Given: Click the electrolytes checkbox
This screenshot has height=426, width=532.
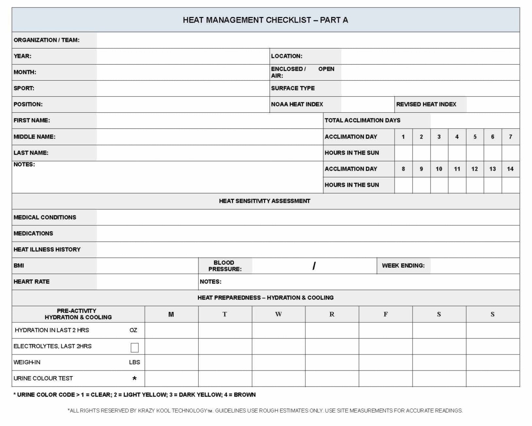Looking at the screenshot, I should [x=135, y=347].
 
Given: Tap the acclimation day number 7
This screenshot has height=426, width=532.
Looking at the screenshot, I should [x=510, y=137].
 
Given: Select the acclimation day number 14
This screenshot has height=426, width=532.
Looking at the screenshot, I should [x=510, y=169].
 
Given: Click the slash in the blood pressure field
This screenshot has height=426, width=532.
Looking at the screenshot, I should [x=314, y=266].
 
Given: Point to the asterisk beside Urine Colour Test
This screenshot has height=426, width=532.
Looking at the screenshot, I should [x=134, y=379].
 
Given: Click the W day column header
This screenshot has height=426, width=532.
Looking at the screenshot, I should [x=278, y=314].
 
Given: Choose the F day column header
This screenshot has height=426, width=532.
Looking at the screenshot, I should [x=385, y=314].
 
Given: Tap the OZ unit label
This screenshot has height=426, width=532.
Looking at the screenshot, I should [x=133, y=330].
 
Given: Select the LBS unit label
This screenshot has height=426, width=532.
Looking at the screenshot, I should [x=134, y=362].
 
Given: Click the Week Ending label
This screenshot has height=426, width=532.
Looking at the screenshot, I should [x=403, y=265].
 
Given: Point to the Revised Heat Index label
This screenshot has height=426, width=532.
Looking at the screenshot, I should [x=426, y=104].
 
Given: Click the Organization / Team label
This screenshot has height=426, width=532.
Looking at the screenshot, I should [x=46, y=40].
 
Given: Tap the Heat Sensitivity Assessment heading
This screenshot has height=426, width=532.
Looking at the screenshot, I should [x=265, y=201].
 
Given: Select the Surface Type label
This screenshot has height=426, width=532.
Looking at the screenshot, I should [x=293, y=88].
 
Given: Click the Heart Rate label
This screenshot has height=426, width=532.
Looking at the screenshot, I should [x=31, y=281].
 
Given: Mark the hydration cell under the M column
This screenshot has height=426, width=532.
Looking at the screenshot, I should [x=171, y=330].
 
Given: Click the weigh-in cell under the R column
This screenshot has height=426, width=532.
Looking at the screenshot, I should [x=332, y=362].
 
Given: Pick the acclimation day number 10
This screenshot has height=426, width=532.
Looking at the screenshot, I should [x=439, y=169].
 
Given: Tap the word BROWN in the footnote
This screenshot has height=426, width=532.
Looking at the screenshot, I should [x=245, y=395].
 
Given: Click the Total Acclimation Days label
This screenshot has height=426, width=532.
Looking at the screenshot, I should [x=362, y=120].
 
